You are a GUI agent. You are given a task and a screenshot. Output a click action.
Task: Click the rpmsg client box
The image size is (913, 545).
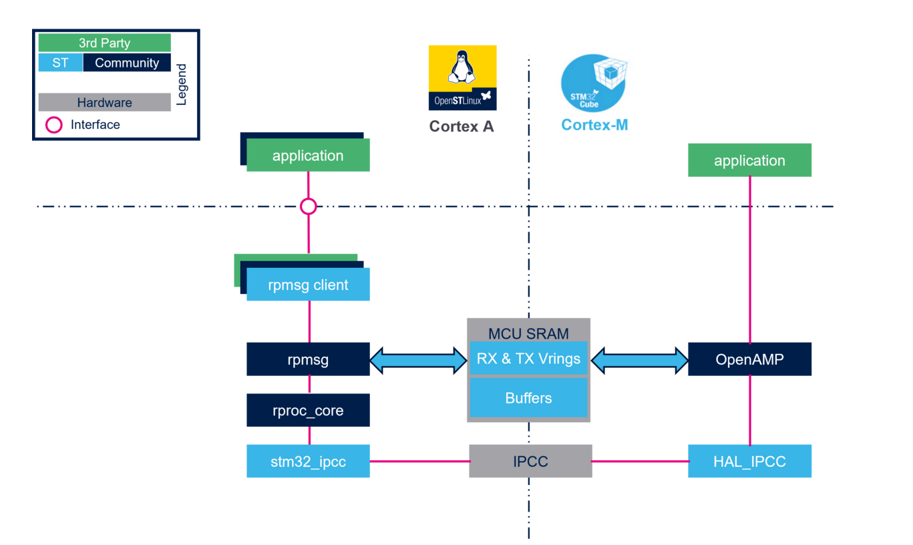(x=308, y=285)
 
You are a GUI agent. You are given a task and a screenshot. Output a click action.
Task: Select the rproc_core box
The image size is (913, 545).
(x=308, y=410)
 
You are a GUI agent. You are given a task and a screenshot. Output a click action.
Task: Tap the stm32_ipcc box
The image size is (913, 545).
(x=308, y=461)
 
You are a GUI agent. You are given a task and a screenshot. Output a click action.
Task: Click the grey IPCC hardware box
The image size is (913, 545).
(x=530, y=461)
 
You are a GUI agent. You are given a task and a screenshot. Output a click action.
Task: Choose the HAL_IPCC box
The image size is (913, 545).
(x=749, y=461)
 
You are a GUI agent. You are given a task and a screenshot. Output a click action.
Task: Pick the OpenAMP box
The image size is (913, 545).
(x=749, y=359)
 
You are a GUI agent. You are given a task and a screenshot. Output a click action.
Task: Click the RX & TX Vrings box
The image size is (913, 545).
(x=528, y=359)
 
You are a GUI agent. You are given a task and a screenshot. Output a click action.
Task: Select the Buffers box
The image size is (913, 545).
(x=528, y=398)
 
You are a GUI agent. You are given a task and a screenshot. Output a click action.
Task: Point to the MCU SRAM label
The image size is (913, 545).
(x=528, y=333)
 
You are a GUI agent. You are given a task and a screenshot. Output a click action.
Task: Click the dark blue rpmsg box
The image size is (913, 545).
(x=308, y=359)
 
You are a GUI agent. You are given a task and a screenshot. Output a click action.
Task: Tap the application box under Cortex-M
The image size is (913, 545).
(x=749, y=160)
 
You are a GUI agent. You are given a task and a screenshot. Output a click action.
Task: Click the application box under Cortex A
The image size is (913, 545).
(x=308, y=156)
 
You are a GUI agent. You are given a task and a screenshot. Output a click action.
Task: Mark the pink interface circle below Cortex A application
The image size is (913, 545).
(x=308, y=206)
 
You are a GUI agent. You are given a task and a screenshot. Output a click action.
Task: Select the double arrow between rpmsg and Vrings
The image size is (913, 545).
(x=419, y=360)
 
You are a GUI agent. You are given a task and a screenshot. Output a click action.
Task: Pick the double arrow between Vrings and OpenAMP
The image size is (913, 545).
(x=639, y=360)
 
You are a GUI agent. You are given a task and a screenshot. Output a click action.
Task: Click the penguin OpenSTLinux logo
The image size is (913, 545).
(x=462, y=77)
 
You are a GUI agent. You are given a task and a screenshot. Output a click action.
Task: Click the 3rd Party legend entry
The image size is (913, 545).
(x=104, y=43)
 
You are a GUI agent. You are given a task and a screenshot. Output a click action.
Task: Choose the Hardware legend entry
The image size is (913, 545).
(x=104, y=103)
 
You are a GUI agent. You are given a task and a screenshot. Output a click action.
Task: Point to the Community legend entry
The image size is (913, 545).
(x=127, y=63)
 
